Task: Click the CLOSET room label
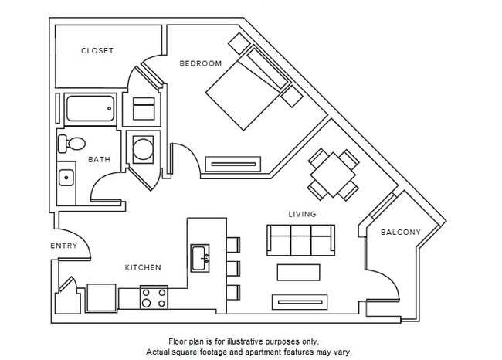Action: [x=97, y=51]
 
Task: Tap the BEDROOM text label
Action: [x=200, y=63]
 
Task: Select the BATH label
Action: [x=99, y=160]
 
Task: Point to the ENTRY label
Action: [x=64, y=246]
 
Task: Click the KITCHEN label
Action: [x=143, y=267]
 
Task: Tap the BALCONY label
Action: [x=400, y=232]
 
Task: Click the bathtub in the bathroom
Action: [x=91, y=109]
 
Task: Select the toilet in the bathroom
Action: [x=73, y=143]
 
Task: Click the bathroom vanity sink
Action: [x=67, y=178]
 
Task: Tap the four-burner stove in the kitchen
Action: [x=154, y=297]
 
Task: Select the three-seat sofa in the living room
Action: [x=300, y=239]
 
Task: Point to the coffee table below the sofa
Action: [x=297, y=273]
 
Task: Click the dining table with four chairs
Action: [x=333, y=175]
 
